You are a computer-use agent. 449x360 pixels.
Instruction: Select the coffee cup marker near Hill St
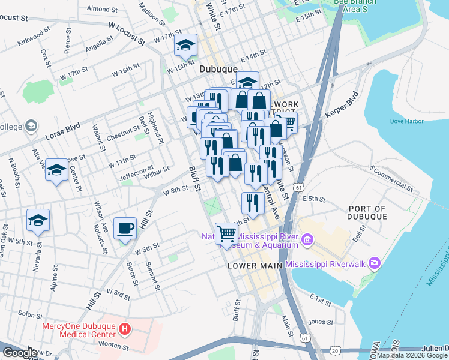(x=125, y=228)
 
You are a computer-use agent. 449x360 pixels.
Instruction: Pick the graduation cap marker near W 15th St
(x=186, y=45)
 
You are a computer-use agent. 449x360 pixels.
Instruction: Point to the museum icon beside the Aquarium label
(x=308, y=241)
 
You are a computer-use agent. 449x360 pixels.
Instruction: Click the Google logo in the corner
(x=20, y=353)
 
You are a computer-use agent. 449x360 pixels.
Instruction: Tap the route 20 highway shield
(x=334, y=349)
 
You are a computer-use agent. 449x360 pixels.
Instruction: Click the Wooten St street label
(x=111, y=347)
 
